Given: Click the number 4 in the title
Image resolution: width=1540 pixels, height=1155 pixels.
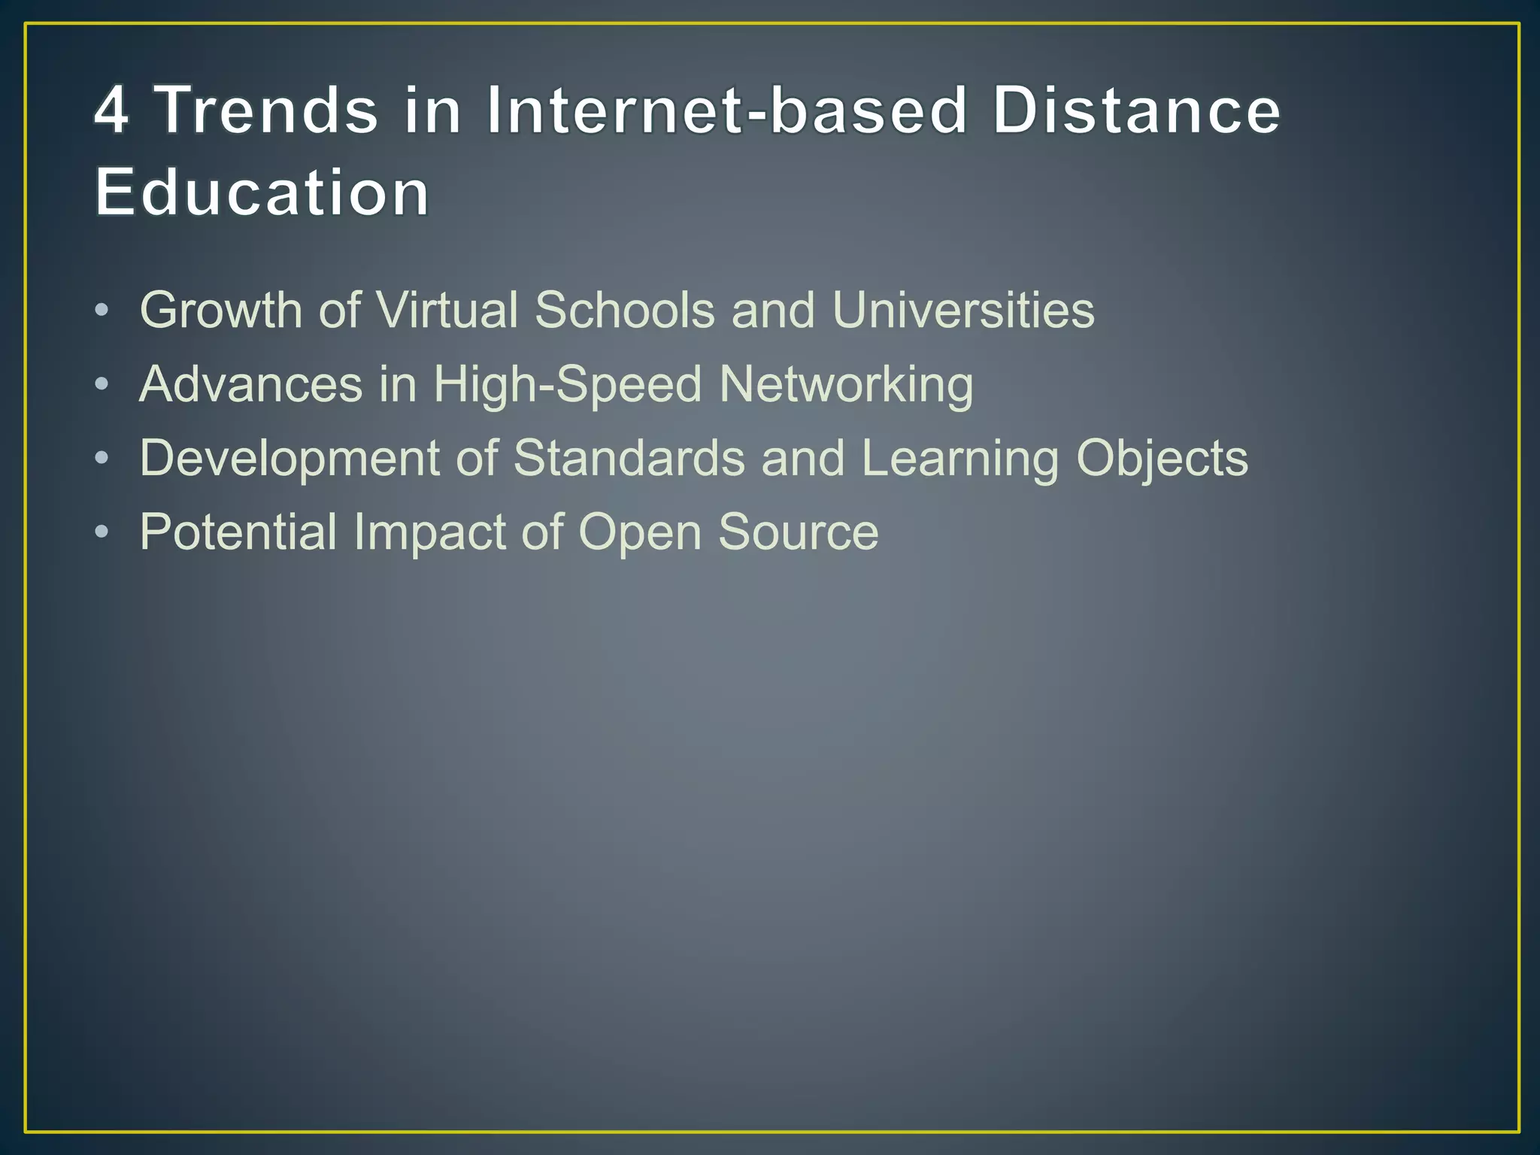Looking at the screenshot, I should pyautogui.click(x=111, y=111).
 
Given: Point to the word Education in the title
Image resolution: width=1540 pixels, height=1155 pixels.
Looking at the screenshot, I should pyautogui.click(x=262, y=192).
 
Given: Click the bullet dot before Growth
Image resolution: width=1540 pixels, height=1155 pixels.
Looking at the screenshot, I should pyautogui.click(x=102, y=311).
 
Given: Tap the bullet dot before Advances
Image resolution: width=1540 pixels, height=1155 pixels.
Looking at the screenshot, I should pyautogui.click(x=102, y=385).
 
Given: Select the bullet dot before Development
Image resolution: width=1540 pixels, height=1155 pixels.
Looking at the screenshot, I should pyautogui.click(x=102, y=459).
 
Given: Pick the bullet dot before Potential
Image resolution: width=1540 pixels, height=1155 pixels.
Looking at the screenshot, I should pyautogui.click(x=102, y=532).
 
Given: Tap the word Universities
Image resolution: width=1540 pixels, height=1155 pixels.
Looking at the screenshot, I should pyautogui.click(x=963, y=310).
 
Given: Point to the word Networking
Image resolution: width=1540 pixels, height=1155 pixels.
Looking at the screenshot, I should pyautogui.click(x=846, y=385).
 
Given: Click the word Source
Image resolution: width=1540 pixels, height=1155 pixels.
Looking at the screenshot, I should pyautogui.click(x=798, y=532).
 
